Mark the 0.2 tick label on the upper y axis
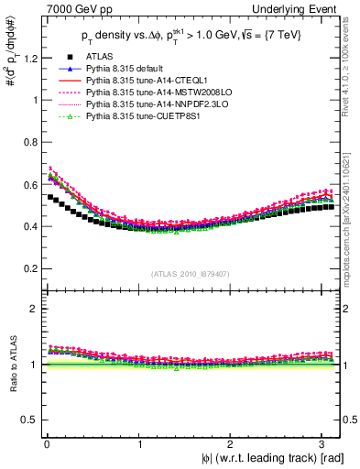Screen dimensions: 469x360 [x=26, y=268]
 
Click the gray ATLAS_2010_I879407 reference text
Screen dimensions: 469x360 [x=191, y=274]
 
